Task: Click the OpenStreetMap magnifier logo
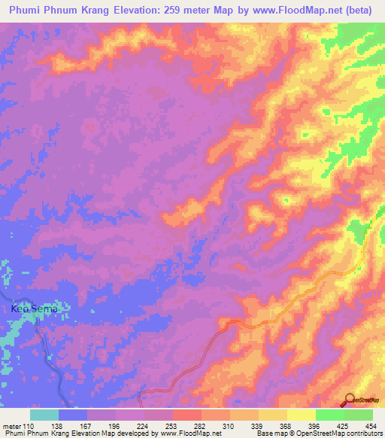[348, 400]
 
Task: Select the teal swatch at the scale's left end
[44, 415]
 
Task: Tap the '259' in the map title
[185, 11]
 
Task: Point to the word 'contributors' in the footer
[361, 433]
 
